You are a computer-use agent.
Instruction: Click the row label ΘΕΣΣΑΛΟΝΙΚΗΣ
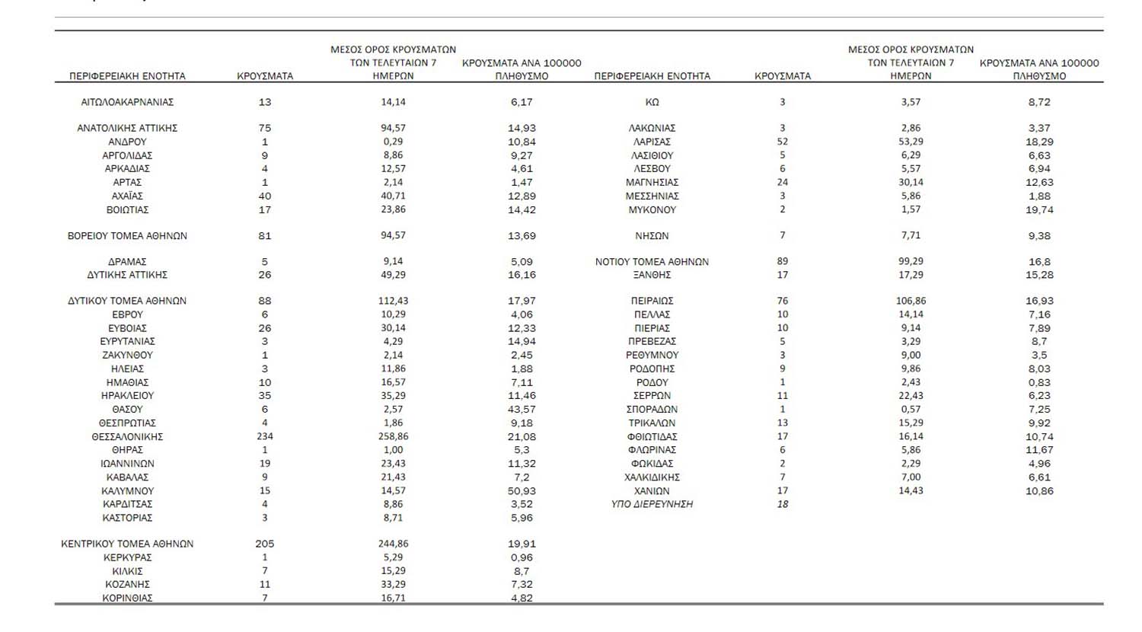click(127, 436)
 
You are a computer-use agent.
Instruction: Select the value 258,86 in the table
click(393, 436)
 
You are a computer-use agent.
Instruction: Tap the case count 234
click(265, 436)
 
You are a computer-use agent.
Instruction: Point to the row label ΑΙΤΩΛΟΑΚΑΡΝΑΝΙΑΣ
click(127, 102)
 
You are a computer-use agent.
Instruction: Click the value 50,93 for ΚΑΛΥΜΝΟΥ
click(522, 491)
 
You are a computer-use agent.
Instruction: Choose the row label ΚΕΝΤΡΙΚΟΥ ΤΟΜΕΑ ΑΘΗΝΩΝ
click(127, 544)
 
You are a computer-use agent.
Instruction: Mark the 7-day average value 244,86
click(393, 544)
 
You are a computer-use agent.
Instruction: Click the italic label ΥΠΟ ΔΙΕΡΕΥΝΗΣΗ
click(652, 504)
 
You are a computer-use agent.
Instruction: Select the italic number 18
click(783, 504)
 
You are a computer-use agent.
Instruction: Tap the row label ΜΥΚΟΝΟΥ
click(652, 209)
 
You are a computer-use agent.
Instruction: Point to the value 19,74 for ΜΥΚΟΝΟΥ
click(1039, 209)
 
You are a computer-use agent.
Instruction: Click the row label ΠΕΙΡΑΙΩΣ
click(652, 301)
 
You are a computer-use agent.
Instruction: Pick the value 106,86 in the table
click(911, 301)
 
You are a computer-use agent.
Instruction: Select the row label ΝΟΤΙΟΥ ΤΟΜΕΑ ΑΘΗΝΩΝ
click(652, 261)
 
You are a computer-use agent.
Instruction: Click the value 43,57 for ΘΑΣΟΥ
click(522, 410)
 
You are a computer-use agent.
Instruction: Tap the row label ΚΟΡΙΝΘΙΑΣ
click(127, 598)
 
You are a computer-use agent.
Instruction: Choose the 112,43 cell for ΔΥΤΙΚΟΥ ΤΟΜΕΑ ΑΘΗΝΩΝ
click(393, 301)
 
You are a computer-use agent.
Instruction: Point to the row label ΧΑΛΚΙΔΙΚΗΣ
click(652, 477)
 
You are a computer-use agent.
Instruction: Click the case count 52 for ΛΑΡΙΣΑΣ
click(783, 142)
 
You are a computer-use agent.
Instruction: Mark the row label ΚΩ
click(652, 102)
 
